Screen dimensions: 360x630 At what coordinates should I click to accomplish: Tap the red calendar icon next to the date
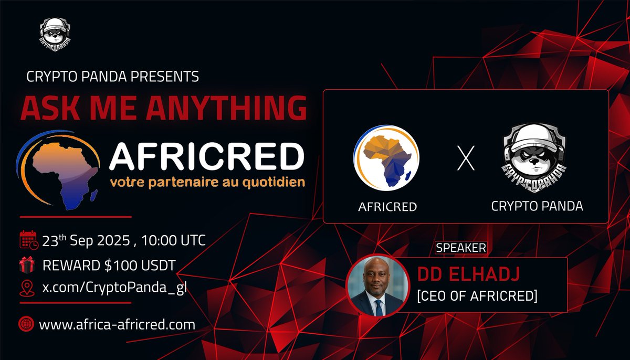click(28, 240)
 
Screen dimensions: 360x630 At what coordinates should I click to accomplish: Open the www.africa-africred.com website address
click(117, 324)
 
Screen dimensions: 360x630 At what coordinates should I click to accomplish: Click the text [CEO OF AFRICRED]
click(477, 296)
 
